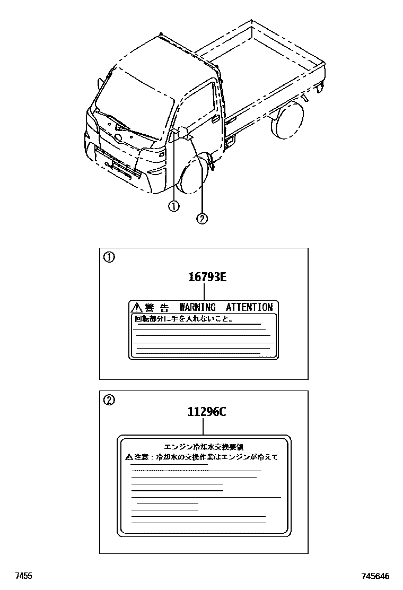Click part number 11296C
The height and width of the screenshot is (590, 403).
206,411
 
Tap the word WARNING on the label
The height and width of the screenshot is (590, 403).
197,307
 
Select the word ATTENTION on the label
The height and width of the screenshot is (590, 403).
249,307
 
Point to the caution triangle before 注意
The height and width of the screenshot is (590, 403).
129,456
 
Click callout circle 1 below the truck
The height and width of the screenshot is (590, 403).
173,206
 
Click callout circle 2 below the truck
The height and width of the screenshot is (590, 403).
202,218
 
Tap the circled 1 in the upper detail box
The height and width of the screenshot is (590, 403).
108,258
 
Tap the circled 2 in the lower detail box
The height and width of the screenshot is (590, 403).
108,400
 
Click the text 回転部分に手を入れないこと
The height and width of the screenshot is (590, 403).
183,319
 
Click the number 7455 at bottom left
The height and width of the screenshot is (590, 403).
23,576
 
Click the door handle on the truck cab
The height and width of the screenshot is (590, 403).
215,118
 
